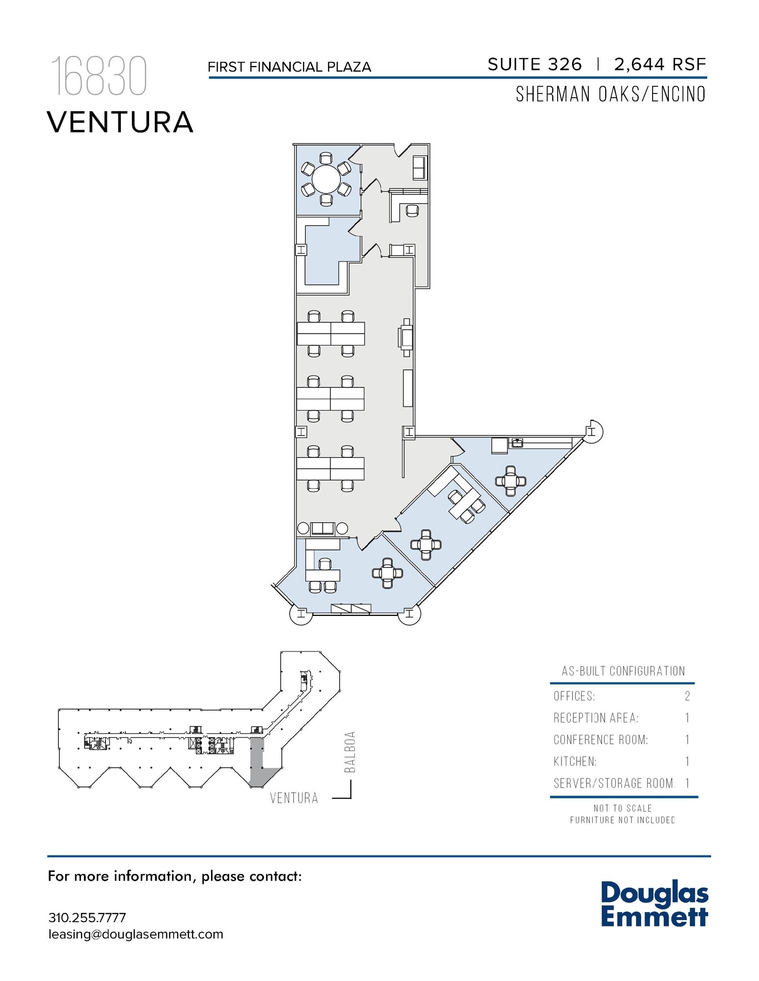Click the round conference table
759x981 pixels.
click(x=326, y=179)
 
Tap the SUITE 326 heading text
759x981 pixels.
click(x=535, y=65)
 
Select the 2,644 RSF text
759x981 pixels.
click(x=660, y=65)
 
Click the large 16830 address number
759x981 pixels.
click(x=99, y=77)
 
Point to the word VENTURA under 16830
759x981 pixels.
click(x=120, y=122)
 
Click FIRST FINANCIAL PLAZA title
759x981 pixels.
click(x=289, y=67)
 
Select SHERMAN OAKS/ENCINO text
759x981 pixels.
click(x=610, y=94)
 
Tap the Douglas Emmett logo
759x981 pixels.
click(x=654, y=904)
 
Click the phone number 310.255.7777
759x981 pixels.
click(x=87, y=918)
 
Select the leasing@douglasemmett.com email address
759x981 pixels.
click(x=136, y=934)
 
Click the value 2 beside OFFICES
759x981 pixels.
click(x=687, y=696)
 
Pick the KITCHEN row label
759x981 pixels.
click(x=575, y=761)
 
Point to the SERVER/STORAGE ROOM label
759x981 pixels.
click(x=613, y=783)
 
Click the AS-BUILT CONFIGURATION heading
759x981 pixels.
click(x=623, y=671)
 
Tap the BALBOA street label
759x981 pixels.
click(x=350, y=752)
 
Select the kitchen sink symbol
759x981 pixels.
click(x=517, y=443)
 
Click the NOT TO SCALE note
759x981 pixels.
click(x=622, y=808)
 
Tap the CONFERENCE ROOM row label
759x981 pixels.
click(x=600, y=740)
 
